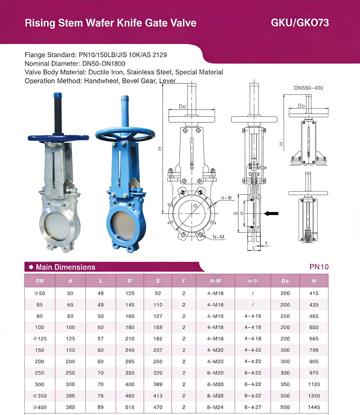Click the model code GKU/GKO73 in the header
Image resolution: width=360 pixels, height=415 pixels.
300,23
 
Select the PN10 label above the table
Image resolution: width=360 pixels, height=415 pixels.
319,267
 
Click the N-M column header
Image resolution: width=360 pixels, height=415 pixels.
215,281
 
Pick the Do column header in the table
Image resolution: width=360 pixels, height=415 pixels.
285,281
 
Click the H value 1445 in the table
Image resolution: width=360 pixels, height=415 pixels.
314,407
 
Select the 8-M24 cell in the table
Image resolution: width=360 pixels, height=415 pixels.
215,407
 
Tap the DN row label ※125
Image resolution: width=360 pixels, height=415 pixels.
39,339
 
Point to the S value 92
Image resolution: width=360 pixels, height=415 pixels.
158,293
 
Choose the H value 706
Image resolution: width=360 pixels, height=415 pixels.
314,350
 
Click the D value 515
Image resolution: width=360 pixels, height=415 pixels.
130,407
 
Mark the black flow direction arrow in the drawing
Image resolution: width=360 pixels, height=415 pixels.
271,213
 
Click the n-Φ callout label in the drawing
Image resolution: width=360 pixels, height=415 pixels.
226,198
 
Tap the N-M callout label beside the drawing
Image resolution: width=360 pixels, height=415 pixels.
218,237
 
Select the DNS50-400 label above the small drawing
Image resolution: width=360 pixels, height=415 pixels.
308,88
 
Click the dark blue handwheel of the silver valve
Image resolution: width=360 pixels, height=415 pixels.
58,138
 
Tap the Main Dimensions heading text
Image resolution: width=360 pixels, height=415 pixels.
66,267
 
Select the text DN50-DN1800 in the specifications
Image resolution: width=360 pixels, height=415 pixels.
104,64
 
